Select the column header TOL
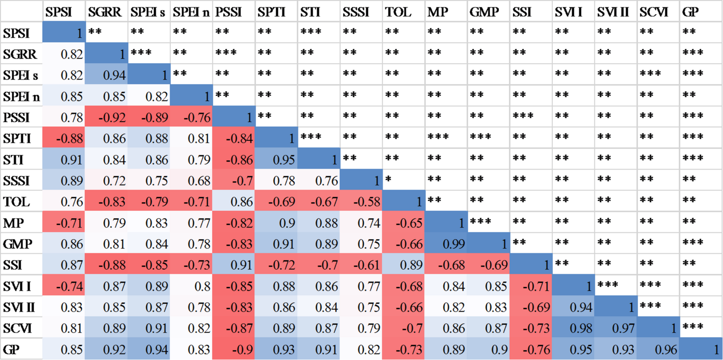[398, 12]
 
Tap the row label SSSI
[16, 181]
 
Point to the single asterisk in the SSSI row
[388, 179]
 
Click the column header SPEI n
[191, 12]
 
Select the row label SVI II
[19, 307]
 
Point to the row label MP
[13, 223]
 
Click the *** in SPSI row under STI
[311, 31]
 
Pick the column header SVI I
[568, 12]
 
